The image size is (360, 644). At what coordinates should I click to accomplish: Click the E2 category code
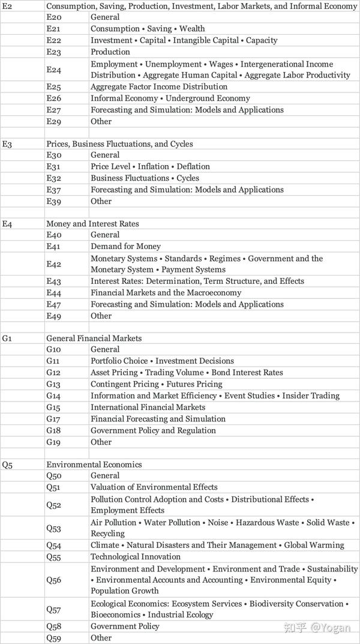click(x=7, y=6)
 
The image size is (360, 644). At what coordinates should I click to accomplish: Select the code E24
click(x=53, y=70)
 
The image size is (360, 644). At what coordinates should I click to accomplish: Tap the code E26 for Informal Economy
click(x=53, y=98)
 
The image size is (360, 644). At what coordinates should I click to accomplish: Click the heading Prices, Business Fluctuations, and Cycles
click(x=119, y=144)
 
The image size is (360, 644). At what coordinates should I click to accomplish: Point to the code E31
click(x=53, y=167)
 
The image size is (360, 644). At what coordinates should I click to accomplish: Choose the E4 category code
click(x=7, y=224)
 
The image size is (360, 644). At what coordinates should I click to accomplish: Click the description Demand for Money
click(x=126, y=247)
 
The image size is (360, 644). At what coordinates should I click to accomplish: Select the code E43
click(x=53, y=281)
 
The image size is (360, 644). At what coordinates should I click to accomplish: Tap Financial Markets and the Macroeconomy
click(x=166, y=293)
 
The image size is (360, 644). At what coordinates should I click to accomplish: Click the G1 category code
click(x=7, y=339)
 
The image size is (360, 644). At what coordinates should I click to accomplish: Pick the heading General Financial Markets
click(x=94, y=339)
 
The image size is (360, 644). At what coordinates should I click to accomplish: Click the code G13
click(x=53, y=384)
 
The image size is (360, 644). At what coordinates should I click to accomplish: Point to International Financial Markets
click(x=148, y=408)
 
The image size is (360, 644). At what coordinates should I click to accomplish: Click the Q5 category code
click(x=7, y=465)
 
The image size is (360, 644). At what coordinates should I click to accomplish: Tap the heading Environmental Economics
click(x=94, y=465)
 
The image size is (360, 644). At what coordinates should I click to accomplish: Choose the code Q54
click(x=54, y=546)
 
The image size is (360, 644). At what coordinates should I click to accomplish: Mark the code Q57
click(x=54, y=609)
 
